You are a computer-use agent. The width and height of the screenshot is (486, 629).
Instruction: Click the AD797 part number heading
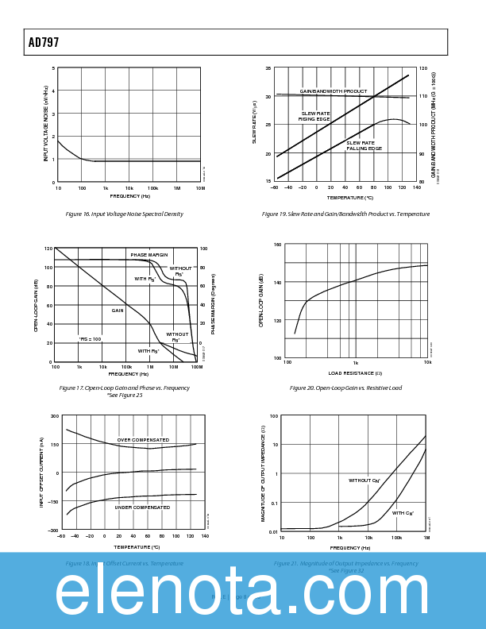pyautogui.click(x=44, y=43)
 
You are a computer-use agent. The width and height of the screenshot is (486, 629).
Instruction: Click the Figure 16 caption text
pyautogui.click(x=124, y=214)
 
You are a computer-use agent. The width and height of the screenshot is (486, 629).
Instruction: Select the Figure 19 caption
pyautogui.click(x=345, y=214)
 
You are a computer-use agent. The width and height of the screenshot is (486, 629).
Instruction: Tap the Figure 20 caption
pyautogui.click(x=345, y=388)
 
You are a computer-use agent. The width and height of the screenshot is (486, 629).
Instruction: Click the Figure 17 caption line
pyautogui.click(x=125, y=388)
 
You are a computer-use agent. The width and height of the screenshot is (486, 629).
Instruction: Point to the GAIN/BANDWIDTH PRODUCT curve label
pyautogui.click(x=334, y=91)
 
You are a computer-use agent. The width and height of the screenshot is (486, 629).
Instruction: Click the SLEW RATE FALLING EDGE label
pyautogui.click(x=364, y=145)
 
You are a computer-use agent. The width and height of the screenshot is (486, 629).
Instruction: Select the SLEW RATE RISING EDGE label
pyautogui.click(x=315, y=116)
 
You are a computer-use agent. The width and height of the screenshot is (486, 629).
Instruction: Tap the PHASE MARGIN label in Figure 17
pyautogui.click(x=149, y=255)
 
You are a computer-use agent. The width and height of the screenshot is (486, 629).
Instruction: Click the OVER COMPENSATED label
pyautogui.click(x=143, y=440)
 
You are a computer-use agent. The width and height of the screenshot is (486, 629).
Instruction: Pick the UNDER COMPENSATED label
pyautogui.click(x=142, y=507)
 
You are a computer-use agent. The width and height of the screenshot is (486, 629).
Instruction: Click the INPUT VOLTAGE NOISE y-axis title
pyautogui.click(x=46, y=124)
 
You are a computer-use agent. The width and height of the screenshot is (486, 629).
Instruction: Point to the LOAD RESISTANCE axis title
pyautogui.click(x=355, y=373)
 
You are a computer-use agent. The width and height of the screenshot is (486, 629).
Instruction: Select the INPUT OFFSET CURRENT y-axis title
pyautogui.click(x=42, y=473)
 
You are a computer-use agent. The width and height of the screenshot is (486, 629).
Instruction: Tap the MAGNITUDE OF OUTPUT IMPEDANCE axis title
pyautogui.click(x=264, y=474)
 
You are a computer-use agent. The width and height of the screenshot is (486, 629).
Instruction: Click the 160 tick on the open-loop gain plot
pyautogui.click(x=277, y=245)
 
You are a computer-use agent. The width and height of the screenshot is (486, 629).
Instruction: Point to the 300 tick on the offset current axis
pyautogui.click(x=55, y=416)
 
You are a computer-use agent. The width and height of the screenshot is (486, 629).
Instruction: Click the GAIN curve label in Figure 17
pyautogui.click(x=118, y=311)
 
